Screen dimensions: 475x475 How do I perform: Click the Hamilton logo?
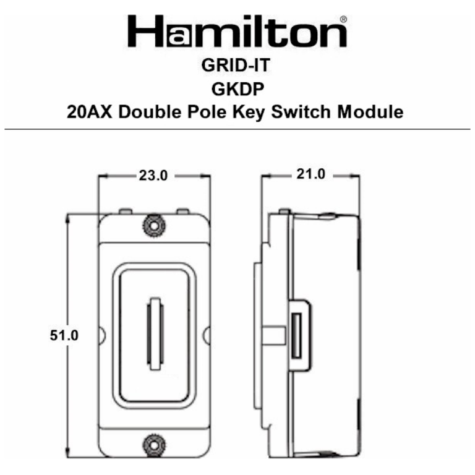(x=237, y=32)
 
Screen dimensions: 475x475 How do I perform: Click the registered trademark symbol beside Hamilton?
(x=344, y=20)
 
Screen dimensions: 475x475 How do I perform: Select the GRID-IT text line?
(x=238, y=67)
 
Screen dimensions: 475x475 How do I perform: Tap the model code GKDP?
(x=238, y=90)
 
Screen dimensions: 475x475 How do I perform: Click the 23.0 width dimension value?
(x=152, y=176)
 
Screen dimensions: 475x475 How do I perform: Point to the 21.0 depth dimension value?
(x=310, y=174)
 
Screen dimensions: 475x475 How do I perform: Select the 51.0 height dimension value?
(x=65, y=335)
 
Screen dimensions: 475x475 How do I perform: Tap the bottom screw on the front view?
(x=153, y=444)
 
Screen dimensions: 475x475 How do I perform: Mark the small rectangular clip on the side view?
(x=297, y=336)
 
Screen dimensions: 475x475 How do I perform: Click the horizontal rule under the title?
(x=237, y=129)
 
